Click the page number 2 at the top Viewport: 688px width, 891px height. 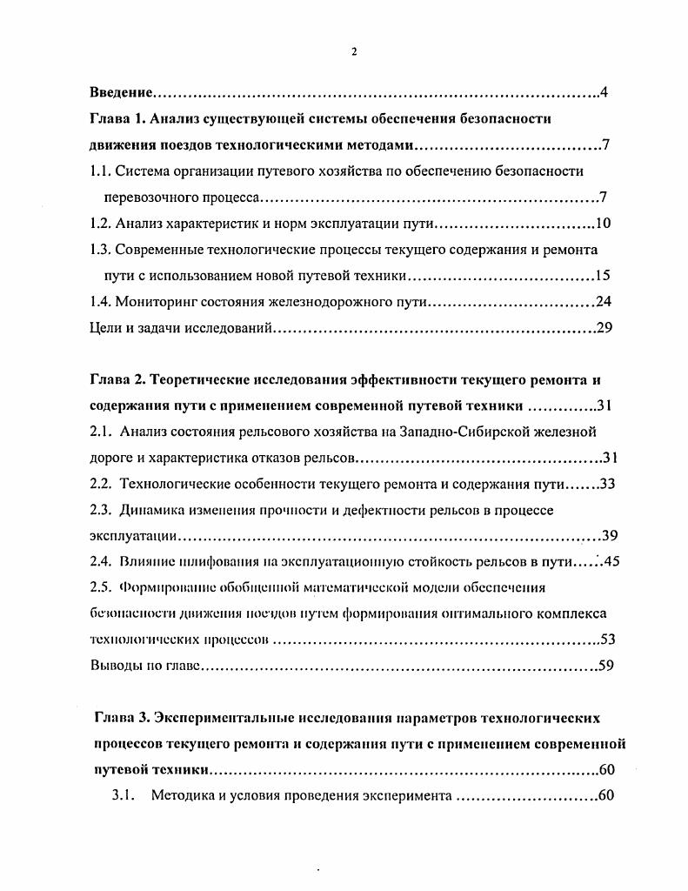click(354, 50)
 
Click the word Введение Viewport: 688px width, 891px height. click(123, 92)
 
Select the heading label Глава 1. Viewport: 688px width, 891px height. click(121, 118)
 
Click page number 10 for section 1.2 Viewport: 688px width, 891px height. click(604, 224)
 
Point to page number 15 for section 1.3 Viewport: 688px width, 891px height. click(603, 276)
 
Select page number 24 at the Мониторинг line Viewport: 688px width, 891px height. click(603, 302)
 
